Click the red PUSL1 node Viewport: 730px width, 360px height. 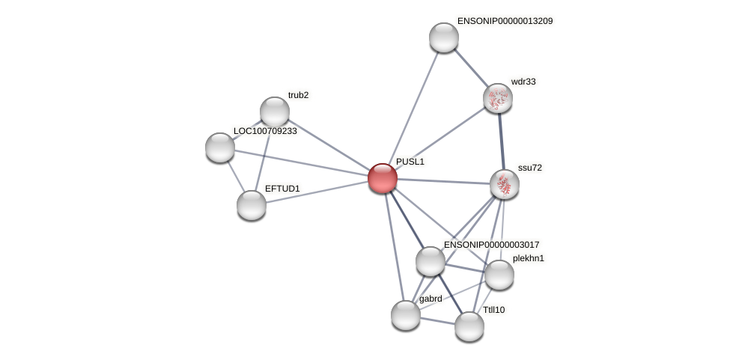383,178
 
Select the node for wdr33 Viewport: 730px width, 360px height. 498,99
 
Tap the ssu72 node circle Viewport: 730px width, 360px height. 505,185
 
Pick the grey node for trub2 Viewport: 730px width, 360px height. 275,112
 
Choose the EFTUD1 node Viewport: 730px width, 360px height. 252,205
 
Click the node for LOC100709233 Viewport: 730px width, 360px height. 219,147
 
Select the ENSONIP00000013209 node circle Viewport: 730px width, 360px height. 444,37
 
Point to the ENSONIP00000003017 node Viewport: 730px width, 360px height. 431,261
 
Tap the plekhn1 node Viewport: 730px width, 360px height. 499,275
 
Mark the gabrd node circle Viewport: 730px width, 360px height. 406,315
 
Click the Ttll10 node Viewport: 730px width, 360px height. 469,326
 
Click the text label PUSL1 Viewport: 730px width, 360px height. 410,162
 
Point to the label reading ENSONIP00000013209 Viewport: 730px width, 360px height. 505,22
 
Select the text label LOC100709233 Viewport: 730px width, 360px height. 265,131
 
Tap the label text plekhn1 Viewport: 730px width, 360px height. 529,259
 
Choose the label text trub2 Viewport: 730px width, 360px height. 299,95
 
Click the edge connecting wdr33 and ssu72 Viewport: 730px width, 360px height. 502,142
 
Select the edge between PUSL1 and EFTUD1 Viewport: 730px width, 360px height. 317,192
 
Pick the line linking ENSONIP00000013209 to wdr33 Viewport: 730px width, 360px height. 471,68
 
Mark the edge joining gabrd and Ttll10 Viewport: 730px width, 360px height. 438,321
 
